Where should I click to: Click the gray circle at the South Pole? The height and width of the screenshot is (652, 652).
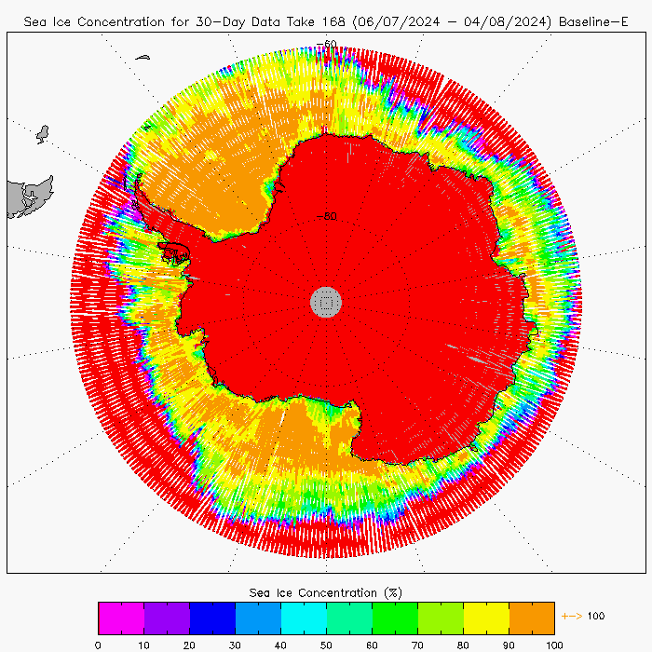click(x=326, y=301)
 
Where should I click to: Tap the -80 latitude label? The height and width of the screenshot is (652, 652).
click(x=326, y=217)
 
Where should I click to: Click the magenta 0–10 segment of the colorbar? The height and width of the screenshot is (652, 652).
click(x=121, y=618)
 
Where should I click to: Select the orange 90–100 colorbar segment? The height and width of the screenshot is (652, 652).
click(x=532, y=618)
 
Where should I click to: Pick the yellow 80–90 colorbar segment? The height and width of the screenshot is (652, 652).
click(x=486, y=618)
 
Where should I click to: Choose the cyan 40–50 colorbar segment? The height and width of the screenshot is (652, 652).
click(x=304, y=618)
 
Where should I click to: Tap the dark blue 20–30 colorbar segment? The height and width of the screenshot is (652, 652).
click(x=212, y=618)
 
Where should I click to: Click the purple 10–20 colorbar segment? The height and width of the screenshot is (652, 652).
click(x=167, y=618)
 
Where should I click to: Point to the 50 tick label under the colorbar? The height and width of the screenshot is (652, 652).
click(x=326, y=644)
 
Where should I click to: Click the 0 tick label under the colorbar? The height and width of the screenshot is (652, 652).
click(x=98, y=644)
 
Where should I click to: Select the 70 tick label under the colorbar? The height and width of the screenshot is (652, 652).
click(x=417, y=644)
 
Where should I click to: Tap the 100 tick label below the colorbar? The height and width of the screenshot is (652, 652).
click(x=554, y=644)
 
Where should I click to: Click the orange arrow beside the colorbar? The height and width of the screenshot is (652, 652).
click(x=571, y=616)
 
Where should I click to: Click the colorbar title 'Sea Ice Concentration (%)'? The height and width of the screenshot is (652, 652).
click(x=326, y=592)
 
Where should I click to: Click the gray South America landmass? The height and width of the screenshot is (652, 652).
click(x=28, y=197)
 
